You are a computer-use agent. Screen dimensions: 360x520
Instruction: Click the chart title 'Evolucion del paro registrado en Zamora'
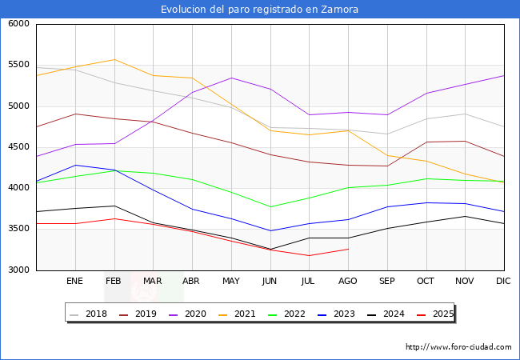(259, 10)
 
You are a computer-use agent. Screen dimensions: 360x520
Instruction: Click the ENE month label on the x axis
(75, 281)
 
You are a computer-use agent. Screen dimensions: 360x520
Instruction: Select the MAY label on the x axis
(231, 281)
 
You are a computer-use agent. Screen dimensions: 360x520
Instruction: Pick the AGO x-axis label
(348, 281)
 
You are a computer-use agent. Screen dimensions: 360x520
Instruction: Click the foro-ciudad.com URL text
(458, 347)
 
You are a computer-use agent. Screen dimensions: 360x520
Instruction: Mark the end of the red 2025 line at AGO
(348, 249)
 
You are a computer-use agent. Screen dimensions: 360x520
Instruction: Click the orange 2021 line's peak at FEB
(114, 59)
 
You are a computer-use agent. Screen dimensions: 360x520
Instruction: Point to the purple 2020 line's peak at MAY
(231, 78)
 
